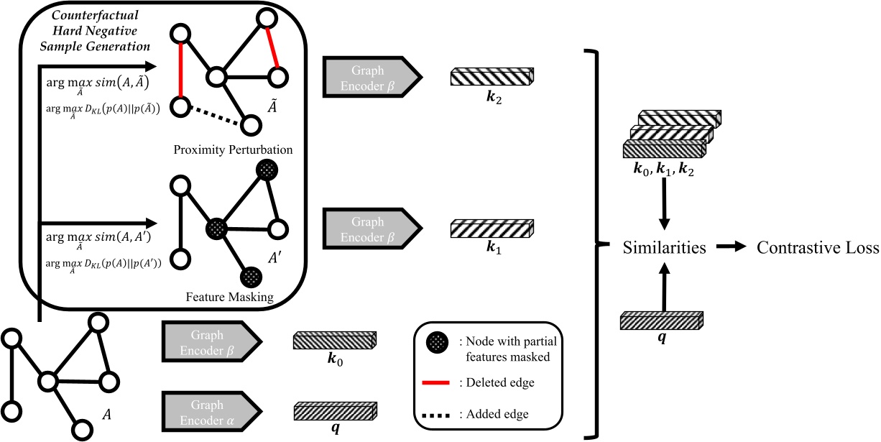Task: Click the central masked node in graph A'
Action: (x=216, y=229)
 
